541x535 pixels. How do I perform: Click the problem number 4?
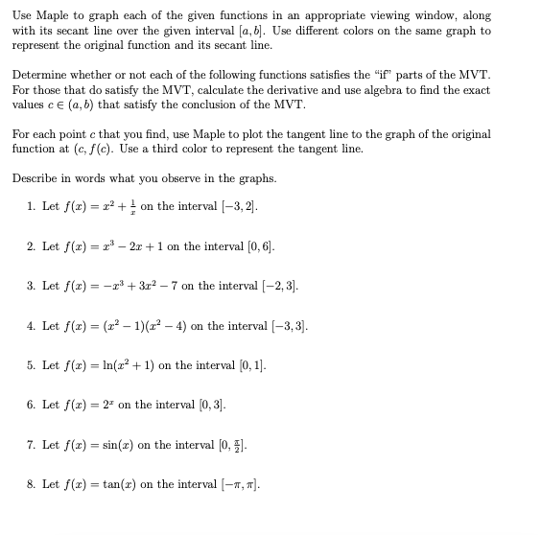point(31,325)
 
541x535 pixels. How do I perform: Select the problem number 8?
point(31,484)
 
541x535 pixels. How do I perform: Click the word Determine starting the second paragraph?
point(38,75)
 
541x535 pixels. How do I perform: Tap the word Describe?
point(35,178)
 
